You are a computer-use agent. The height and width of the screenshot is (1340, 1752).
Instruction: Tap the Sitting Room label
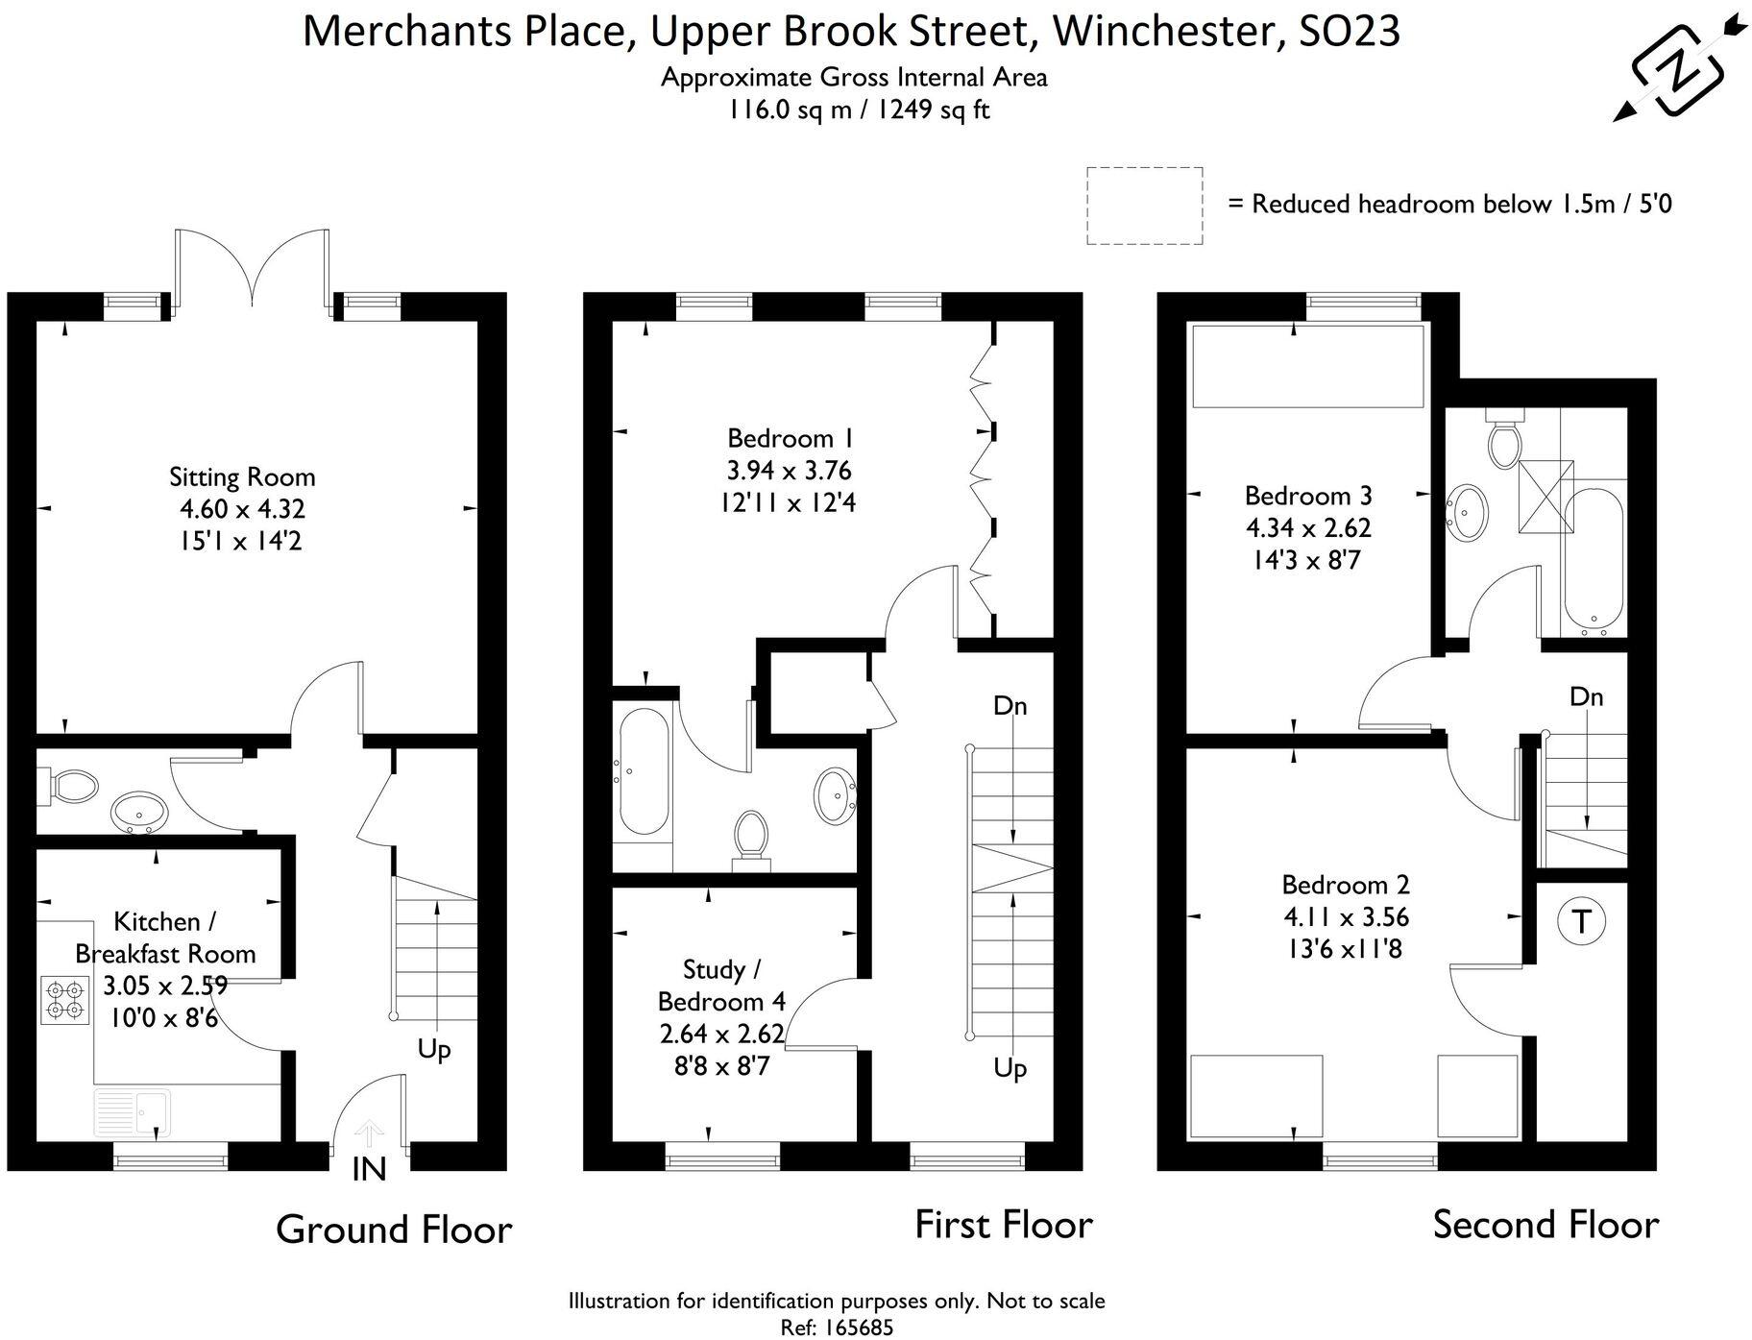coord(242,476)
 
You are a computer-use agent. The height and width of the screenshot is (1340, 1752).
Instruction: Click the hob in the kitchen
coord(63,999)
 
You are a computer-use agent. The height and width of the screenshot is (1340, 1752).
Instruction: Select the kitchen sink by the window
coord(133,1112)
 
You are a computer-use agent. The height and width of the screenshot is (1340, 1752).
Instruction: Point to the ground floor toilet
coord(71,787)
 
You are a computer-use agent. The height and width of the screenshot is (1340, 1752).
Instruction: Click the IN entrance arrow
coord(370,1133)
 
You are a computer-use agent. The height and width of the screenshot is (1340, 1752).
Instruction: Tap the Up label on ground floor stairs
coord(434,1049)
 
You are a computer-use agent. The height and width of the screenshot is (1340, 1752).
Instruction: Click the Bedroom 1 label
coord(790,438)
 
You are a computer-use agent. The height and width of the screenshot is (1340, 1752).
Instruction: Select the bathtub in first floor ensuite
coord(643,771)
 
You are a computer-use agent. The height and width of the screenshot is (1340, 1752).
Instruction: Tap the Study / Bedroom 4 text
coord(720,986)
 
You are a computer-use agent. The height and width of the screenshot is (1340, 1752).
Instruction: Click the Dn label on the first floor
coord(1010,706)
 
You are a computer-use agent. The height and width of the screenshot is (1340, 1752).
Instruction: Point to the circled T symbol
coord(1580,921)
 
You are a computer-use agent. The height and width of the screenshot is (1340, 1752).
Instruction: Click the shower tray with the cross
coord(1545,495)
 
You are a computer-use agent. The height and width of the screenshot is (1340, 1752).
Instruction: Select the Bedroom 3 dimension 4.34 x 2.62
coord(1308,527)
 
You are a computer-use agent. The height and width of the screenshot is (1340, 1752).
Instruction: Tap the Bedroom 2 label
coord(1346,884)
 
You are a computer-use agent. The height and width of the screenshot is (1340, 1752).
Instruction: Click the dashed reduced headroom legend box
coord(1144,205)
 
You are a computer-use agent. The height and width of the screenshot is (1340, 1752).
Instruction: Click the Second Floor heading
coord(1545,1225)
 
